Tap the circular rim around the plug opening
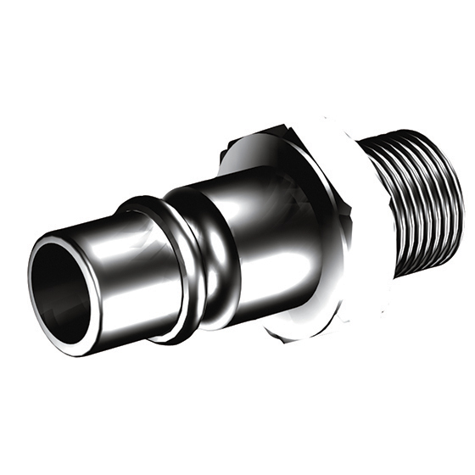click(36, 254)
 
